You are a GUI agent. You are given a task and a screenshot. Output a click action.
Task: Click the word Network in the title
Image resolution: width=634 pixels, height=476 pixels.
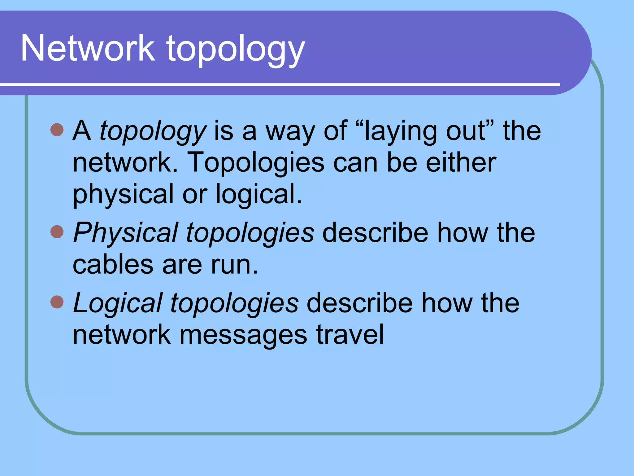tap(88, 48)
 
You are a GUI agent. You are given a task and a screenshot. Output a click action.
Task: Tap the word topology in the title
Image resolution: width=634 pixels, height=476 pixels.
tap(236, 50)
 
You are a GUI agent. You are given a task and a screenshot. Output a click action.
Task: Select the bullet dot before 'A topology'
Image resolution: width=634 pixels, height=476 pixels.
tap(57, 130)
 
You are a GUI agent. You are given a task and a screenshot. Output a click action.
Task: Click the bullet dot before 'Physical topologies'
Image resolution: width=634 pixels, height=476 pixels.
tap(57, 231)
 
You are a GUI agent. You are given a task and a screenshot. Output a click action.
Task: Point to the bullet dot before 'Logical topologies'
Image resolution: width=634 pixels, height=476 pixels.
tap(57, 302)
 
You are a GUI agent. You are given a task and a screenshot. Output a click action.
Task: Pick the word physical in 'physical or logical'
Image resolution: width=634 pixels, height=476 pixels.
tap(123, 195)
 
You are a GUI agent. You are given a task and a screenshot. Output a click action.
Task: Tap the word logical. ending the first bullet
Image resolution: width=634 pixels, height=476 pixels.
tap(259, 195)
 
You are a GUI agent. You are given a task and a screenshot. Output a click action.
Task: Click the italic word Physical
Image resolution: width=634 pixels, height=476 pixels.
tap(125, 233)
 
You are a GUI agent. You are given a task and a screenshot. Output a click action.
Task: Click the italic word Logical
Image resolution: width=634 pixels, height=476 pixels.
tap(118, 303)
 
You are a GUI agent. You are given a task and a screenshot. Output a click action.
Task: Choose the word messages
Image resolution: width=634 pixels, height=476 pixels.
tap(243, 335)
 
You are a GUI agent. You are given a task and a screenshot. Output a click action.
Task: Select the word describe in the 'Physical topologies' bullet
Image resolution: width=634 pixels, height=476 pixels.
tap(375, 233)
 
